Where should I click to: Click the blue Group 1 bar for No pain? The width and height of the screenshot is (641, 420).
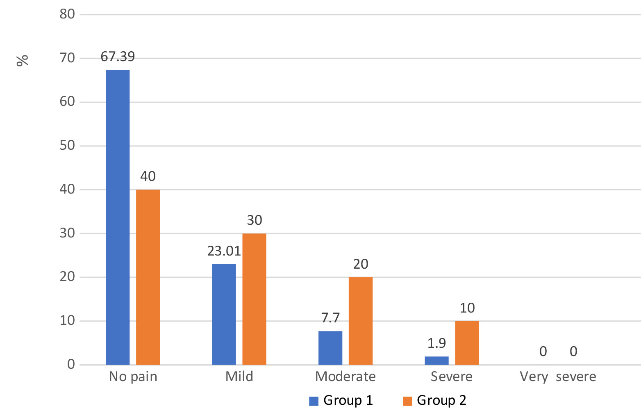click(x=118, y=217)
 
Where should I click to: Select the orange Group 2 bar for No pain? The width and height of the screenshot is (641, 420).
click(x=148, y=277)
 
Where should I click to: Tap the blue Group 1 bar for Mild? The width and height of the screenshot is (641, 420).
click(x=224, y=314)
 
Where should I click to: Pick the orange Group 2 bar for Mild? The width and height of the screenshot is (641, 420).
click(x=254, y=299)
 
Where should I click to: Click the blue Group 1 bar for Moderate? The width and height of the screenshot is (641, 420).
click(x=330, y=348)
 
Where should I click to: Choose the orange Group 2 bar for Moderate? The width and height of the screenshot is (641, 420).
click(x=361, y=321)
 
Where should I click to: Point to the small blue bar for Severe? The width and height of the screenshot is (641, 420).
click(x=436, y=361)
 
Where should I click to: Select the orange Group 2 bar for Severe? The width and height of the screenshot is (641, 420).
click(x=467, y=343)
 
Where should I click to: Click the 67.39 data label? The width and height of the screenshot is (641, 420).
click(x=118, y=57)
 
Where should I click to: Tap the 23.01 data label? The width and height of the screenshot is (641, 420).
click(x=224, y=251)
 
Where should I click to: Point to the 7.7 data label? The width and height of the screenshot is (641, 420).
click(x=330, y=318)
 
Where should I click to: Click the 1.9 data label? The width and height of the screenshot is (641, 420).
click(x=436, y=343)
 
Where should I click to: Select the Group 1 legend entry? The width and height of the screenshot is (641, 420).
click(x=341, y=400)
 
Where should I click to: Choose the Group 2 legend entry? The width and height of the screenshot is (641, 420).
click(x=435, y=400)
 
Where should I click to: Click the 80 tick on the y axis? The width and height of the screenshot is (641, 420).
click(x=67, y=14)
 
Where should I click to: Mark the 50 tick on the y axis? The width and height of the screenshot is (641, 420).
click(x=67, y=146)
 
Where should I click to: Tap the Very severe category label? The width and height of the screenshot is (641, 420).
click(x=558, y=377)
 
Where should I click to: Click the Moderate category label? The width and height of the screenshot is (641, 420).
click(x=345, y=377)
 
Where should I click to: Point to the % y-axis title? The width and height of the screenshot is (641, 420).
click(x=23, y=60)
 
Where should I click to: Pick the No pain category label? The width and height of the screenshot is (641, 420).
click(x=133, y=377)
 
